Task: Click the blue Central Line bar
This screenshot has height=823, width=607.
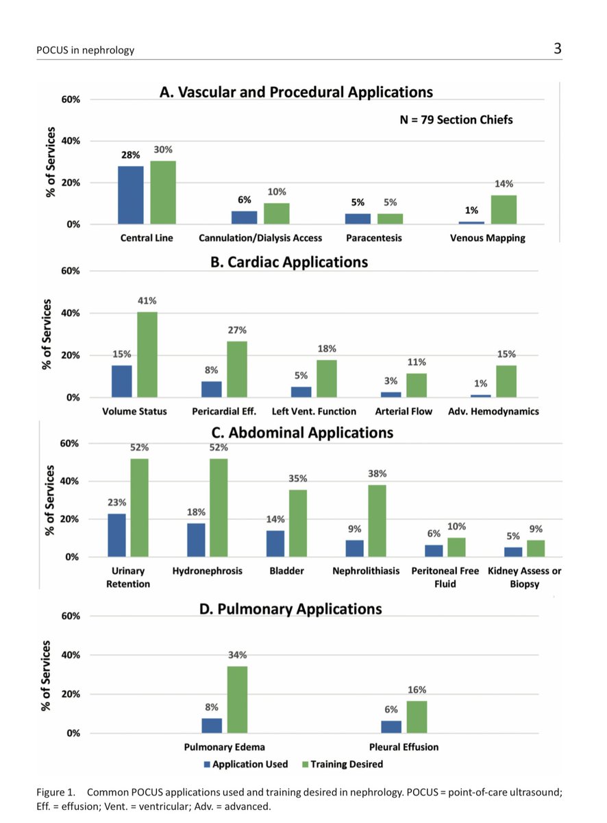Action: (131, 195)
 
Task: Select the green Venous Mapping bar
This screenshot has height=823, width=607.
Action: (504, 209)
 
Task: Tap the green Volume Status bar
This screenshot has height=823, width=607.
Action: (147, 355)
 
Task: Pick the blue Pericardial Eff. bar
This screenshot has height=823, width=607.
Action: (211, 389)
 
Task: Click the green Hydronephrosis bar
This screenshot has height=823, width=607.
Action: (219, 508)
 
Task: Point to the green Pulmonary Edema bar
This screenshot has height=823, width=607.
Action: (238, 699)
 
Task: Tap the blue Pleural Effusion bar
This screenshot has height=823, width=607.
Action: (391, 726)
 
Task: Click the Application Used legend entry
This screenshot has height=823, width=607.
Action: (245, 764)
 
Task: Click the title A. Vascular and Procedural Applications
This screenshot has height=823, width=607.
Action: (296, 93)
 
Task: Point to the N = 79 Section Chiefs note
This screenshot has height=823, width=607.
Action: (456, 119)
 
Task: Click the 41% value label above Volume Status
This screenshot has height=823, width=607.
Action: (147, 300)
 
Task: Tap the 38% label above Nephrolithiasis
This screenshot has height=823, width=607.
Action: (377, 473)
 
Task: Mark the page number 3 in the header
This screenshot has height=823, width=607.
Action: (558, 49)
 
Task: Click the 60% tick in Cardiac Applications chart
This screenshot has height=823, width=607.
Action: (71, 271)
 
